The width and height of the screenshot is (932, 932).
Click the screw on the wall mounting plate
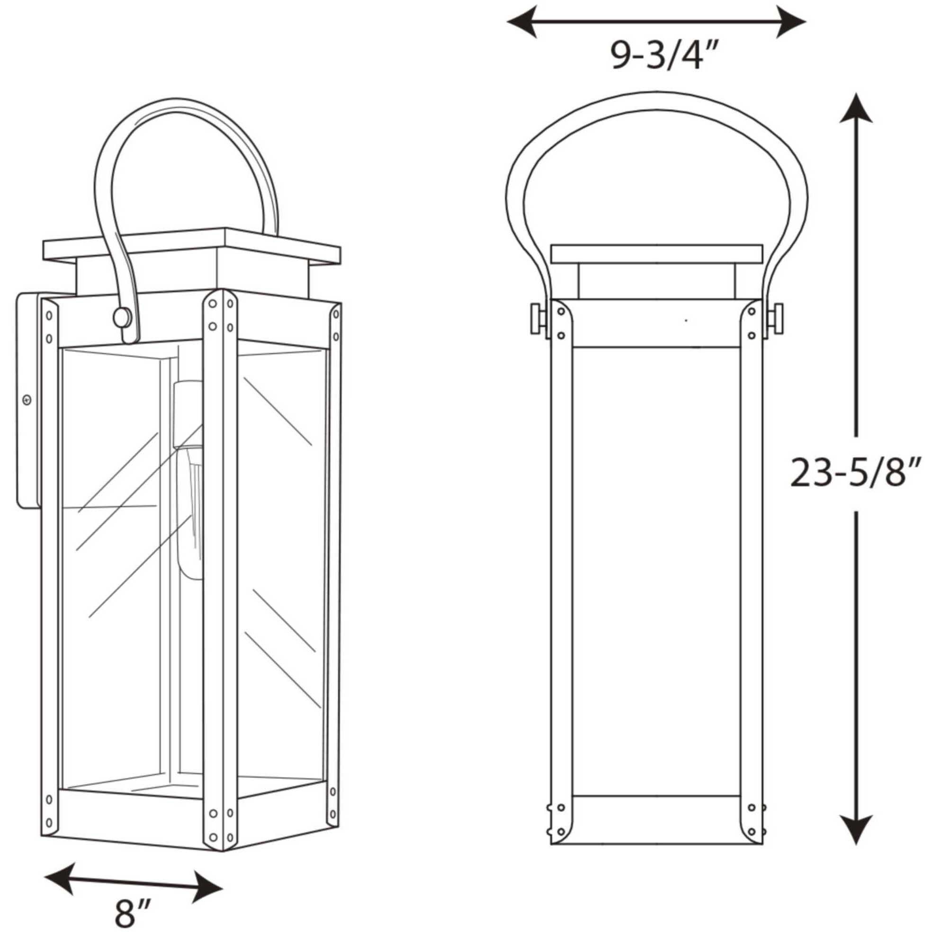27,400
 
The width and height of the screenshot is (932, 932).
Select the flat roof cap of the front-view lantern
656,254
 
